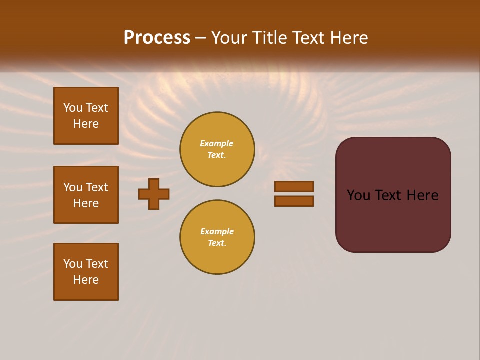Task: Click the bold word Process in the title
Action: [x=157, y=38]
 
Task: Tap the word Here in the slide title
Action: [x=349, y=38]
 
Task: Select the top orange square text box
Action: [x=86, y=116]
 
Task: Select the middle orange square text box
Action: [x=86, y=195]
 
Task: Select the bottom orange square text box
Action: [x=86, y=272]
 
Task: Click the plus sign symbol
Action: [x=154, y=194]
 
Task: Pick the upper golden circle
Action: [x=217, y=149]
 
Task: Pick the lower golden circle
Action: [x=217, y=237]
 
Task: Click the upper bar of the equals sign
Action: [x=294, y=186]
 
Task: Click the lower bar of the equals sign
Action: [x=294, y=201]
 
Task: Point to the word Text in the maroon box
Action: [x=391, y=195]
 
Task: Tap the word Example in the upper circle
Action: [x=217, y=144]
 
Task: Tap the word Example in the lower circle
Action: [x=217, y=232]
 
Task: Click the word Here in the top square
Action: [x=86, y=124]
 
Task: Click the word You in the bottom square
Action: [x=73, y=264]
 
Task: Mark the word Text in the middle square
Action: [x=97, y=187]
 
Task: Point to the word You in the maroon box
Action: [x=358, y=195]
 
